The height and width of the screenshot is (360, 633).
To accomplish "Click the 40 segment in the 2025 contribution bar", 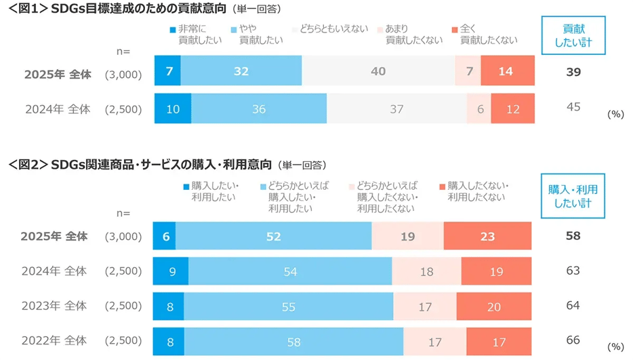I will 379,71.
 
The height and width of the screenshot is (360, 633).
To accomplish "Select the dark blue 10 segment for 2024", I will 173,108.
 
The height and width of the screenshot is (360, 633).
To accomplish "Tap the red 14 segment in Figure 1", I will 507,71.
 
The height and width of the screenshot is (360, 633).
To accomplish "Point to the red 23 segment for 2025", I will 487,236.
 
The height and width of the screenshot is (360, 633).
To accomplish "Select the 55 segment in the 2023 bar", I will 288,306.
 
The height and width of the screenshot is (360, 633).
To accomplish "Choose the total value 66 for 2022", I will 573,340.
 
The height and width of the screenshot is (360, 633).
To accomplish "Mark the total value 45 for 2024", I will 573,106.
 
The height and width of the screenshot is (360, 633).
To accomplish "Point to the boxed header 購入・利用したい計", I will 573,195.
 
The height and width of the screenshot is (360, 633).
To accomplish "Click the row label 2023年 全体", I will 54,306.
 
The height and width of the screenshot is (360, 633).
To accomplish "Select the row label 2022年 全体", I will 54,340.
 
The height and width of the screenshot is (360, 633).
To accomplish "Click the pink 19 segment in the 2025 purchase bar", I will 408,236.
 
